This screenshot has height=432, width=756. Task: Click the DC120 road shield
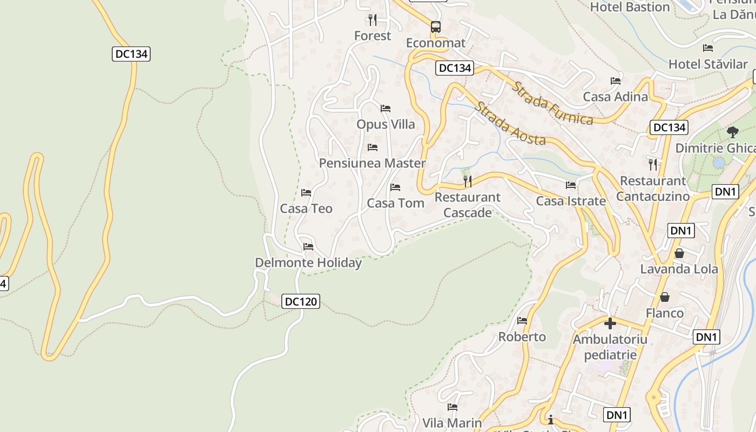(x=301, y=301)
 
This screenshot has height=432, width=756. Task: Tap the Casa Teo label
(x=306, y=208)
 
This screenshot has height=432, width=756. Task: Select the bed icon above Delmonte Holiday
(x=308, y=247)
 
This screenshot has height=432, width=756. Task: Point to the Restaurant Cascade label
(x=468, y=205)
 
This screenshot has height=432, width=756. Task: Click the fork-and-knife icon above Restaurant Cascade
(x=468, y=181)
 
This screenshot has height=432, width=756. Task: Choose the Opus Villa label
(x=386, y=124)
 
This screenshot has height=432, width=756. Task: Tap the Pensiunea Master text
(x=372, y=163)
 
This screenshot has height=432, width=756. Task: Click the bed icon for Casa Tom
(x=395, y=187)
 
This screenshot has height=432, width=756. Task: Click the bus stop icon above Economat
(x=435, y=26)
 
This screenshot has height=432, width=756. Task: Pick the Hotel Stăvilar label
(x=708, y=64)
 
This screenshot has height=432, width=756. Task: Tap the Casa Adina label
(x=615, y=97)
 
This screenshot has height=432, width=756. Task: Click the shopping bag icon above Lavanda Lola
(x=679, y=253)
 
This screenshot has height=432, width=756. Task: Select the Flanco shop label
(x=665, y=313)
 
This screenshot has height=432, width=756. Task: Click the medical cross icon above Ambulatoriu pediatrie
(x=610, y=323)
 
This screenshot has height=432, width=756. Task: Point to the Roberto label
(x=522, y=336)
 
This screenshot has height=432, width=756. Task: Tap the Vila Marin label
(x=452, y=422)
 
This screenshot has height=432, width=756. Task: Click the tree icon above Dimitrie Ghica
(x=733, y=132)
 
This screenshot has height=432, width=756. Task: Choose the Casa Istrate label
(x=571, y=201)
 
